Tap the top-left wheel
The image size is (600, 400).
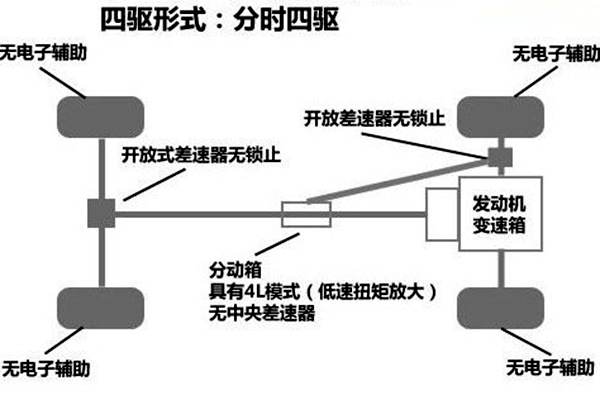pos(100,117)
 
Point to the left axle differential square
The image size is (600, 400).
pos(100,212)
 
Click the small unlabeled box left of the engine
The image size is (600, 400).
pos(441,213)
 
